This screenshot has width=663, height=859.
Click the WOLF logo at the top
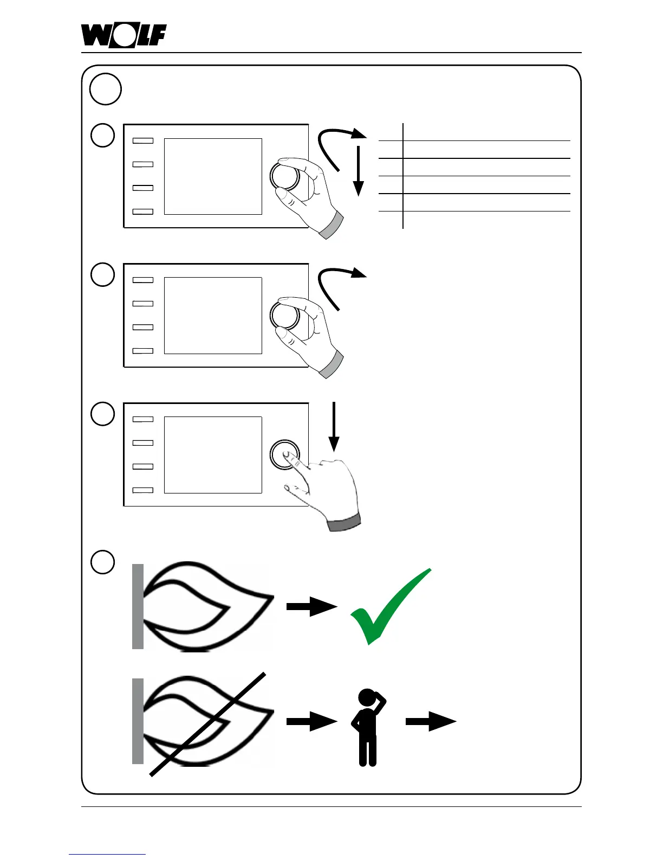pyautogui.click(x=123, y=36)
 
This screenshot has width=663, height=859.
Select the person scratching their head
pyautogui.click(x=368, y=727)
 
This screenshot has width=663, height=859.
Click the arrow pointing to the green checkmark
pyautogui.click(x=311, y=606)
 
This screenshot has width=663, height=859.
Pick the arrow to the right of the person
pyautogui.click(x=431, y=721)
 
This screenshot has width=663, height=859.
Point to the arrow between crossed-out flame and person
pyautogui.click(x=311, y=721)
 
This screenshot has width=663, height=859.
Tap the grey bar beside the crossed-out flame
pyautogui.click(x=138, y=721)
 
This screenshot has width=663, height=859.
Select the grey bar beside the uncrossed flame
pyautogui.click(x=138, y=606)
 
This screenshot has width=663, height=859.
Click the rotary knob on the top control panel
pyautogui.click(x=284, y=176)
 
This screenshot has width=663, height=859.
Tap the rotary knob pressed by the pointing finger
pyautogui.click(x=284, y=454)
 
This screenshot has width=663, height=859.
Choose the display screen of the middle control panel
pyautogui.click(x=213, y=316)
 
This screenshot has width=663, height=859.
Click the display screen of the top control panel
pyautogui.click(x=213, y=176)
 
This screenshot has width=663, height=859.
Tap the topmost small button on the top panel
pyautogui.click(x=143, y=140)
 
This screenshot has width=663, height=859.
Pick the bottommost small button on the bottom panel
pyautogui.click(x=143, y=490)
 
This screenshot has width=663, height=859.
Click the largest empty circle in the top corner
pyautogui.click(x=105, y=88)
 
